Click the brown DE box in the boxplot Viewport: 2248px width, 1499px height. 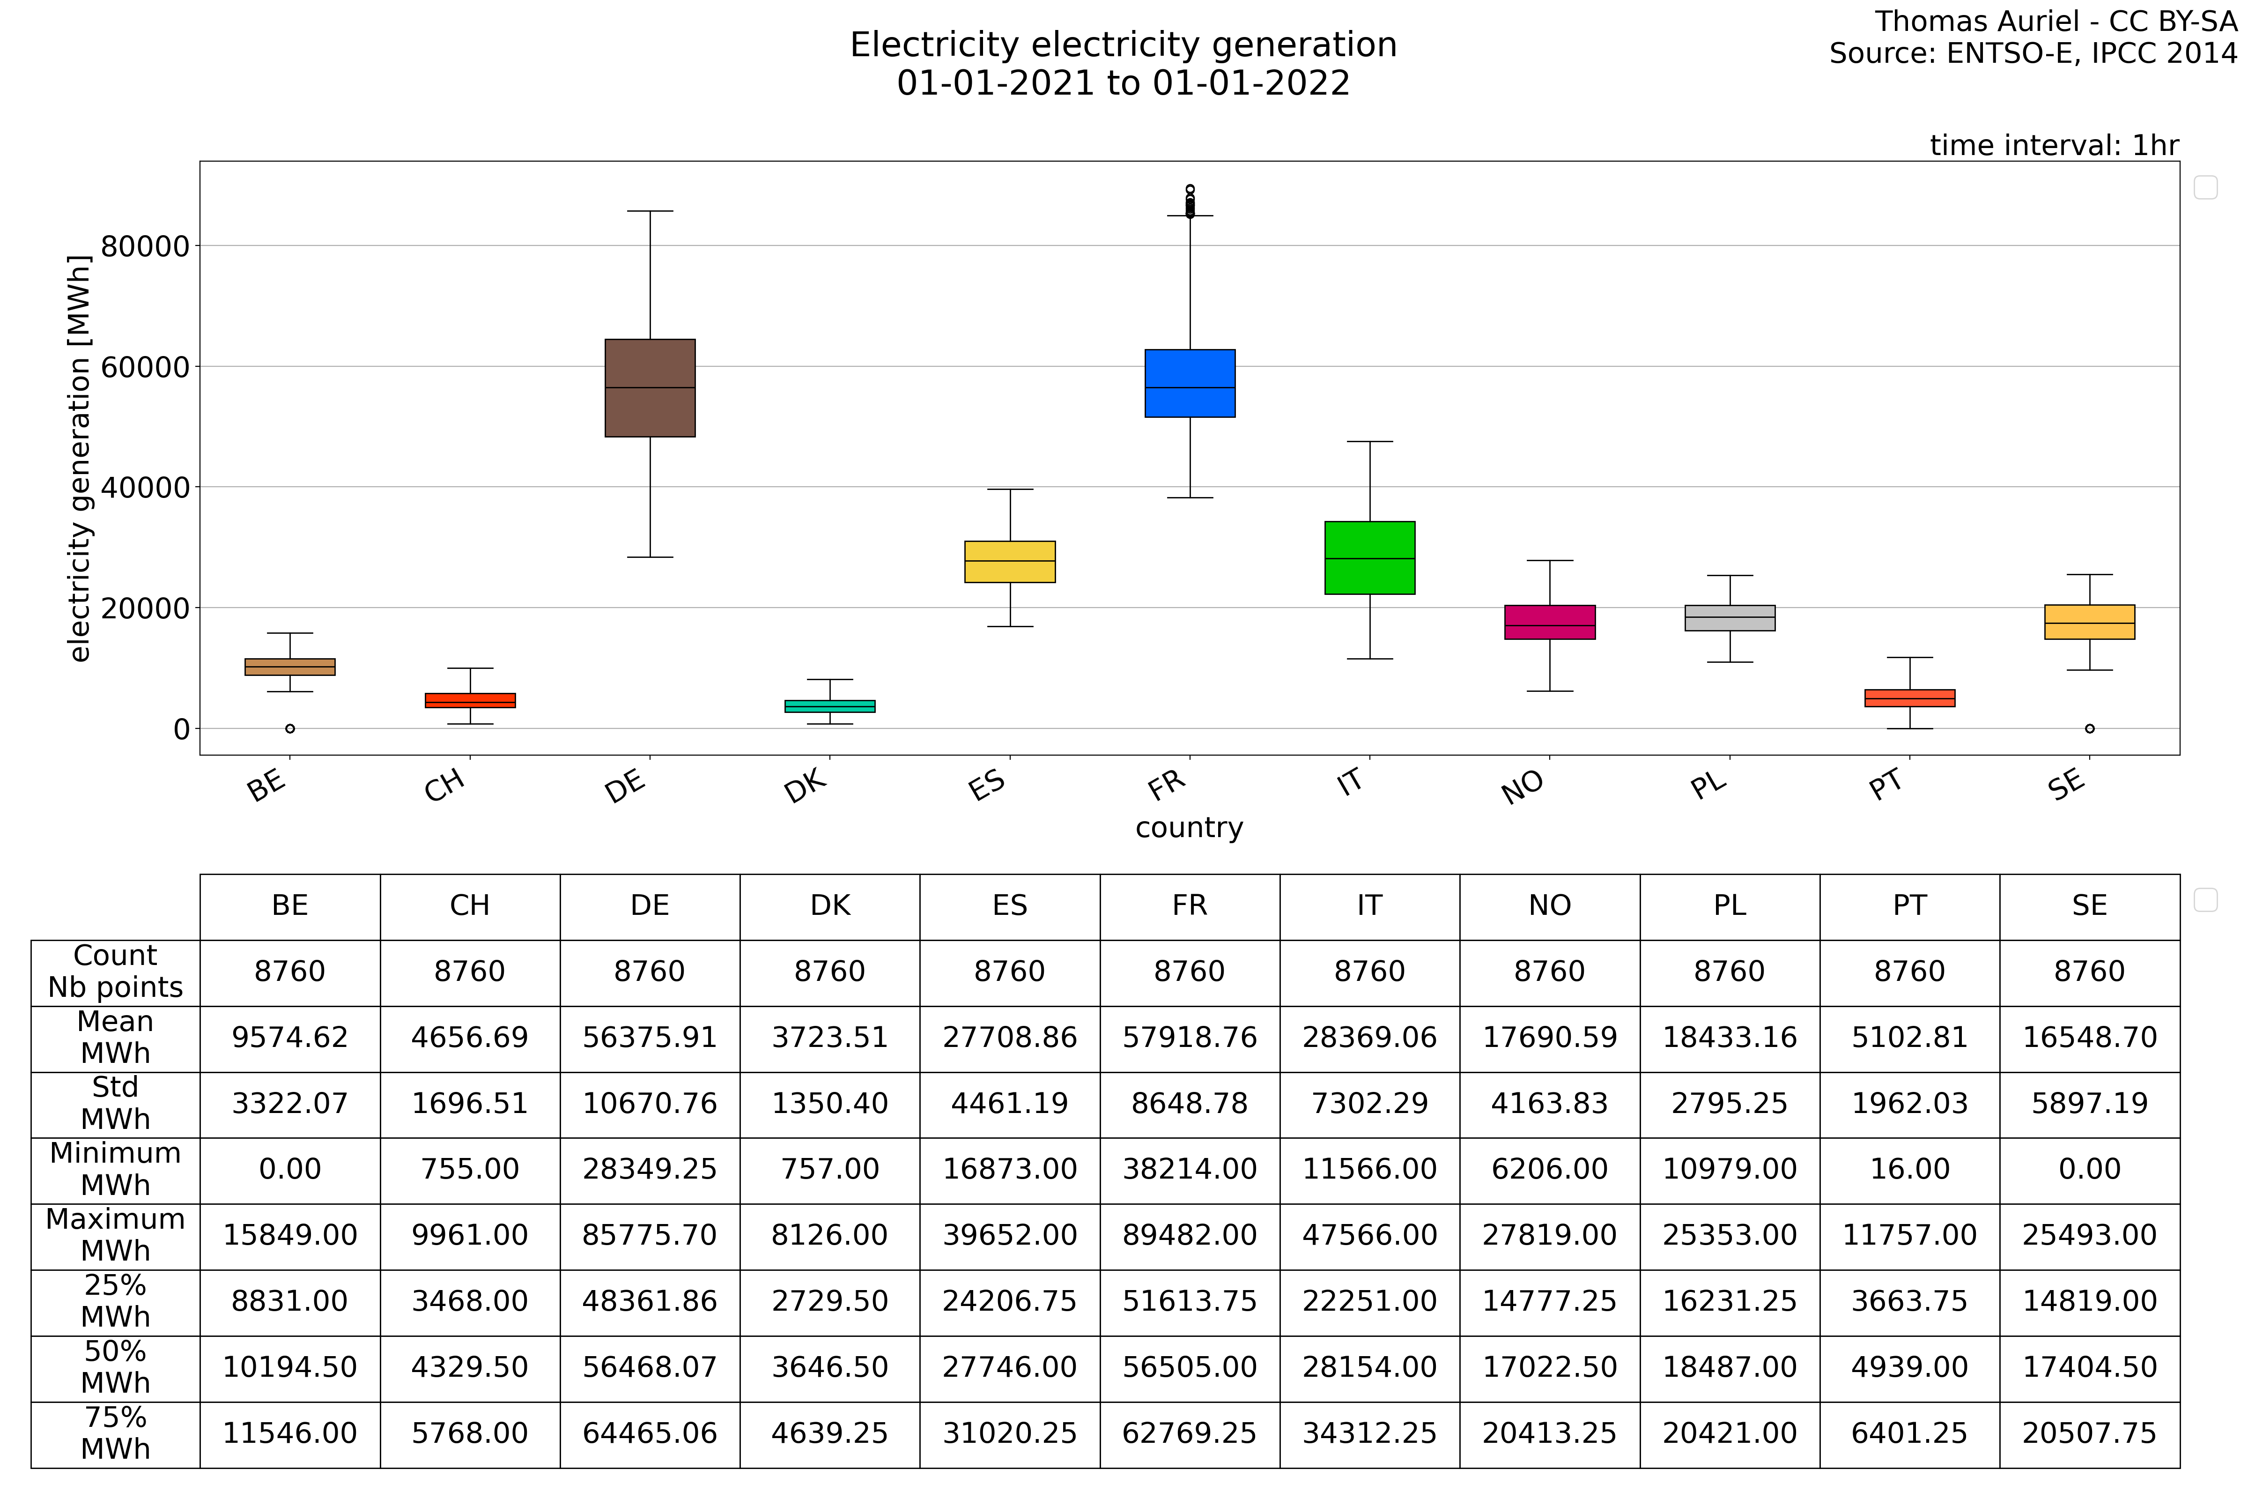(x=650, y=388)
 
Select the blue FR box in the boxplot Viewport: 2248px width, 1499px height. (x=1190, y=383)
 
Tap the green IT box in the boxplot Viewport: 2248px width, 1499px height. (x=1369, y=558)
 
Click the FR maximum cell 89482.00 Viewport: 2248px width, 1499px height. (x=1190, y=1235)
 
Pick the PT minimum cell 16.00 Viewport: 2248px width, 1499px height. (x=1910, y=1169)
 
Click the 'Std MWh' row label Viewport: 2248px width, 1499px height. (x=116, y=1103)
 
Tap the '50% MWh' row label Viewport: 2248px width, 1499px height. (x=116, y=1367)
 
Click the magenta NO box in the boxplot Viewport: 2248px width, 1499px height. (x=1549, y=623)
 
